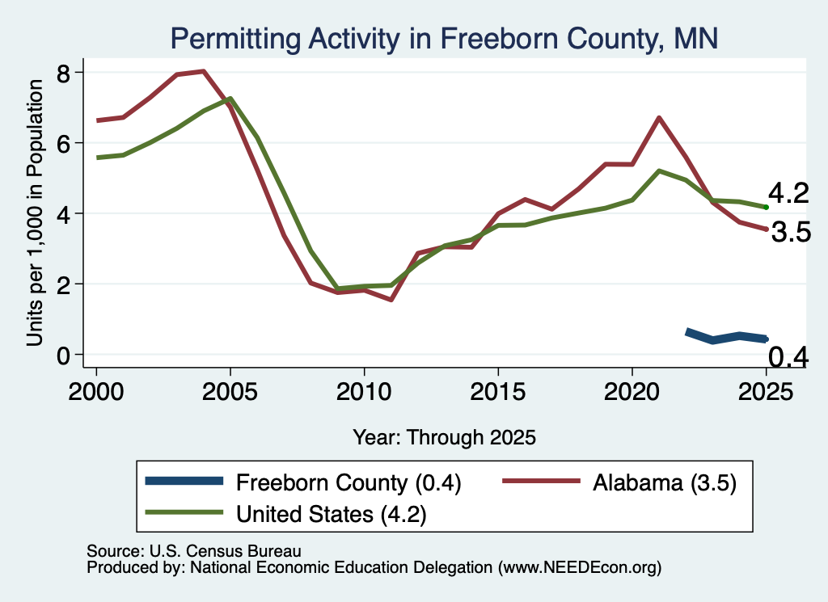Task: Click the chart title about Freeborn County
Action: (x=444, y=39)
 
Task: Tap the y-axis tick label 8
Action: (x=63, y=74)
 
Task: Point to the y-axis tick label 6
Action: (x=63, y=144)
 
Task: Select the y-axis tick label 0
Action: (x=63, y=356)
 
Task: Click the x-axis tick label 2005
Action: (x=230, y=391)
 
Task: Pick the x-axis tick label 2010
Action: (x=364, y=391)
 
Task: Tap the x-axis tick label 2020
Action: (x=632, y=391)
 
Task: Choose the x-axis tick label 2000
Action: (x=96, y=391)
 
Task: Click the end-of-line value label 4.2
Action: (x=788, y=193)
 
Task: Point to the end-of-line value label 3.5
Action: (x=791, y=232)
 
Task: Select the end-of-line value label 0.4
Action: (x=788, y=357)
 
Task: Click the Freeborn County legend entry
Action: (x=303, y=482)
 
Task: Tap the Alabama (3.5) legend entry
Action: (x=619, y=482)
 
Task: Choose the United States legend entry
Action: (x=285, y=514)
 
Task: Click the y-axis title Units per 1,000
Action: (x=35, y=213)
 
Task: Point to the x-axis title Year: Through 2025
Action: (x=444, y=437)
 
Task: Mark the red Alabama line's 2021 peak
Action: (x=658, y=117)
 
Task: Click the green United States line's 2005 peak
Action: (x=230, y=98)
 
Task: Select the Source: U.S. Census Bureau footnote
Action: (x=194, y=551)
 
